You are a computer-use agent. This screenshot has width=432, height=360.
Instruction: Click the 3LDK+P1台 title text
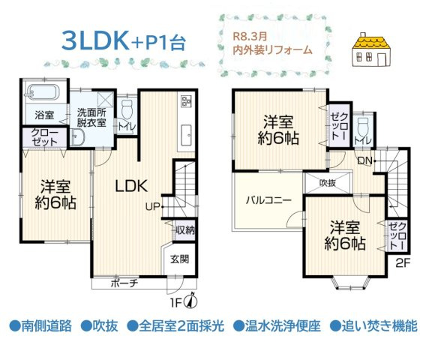click(x=123, y=41)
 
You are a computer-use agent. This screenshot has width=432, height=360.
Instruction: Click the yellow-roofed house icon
click(x=374, y=53)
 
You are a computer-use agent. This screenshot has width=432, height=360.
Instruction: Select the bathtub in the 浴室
click(x=43, y=95)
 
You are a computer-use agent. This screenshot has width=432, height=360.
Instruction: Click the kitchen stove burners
click(x=186, y=103)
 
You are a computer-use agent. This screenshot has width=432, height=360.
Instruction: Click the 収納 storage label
click(x=185, y=230)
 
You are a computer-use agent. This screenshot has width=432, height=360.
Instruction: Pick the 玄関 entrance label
click(x=179, y=259)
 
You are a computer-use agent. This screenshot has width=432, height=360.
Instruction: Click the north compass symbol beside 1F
click(x=191, y=301)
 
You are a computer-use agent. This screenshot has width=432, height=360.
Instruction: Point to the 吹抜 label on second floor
click(x=327, y=182)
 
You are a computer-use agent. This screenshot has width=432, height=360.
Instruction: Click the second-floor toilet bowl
click(x=364, y=121)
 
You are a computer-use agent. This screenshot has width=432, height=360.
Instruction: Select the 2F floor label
click(x=402, y=262)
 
